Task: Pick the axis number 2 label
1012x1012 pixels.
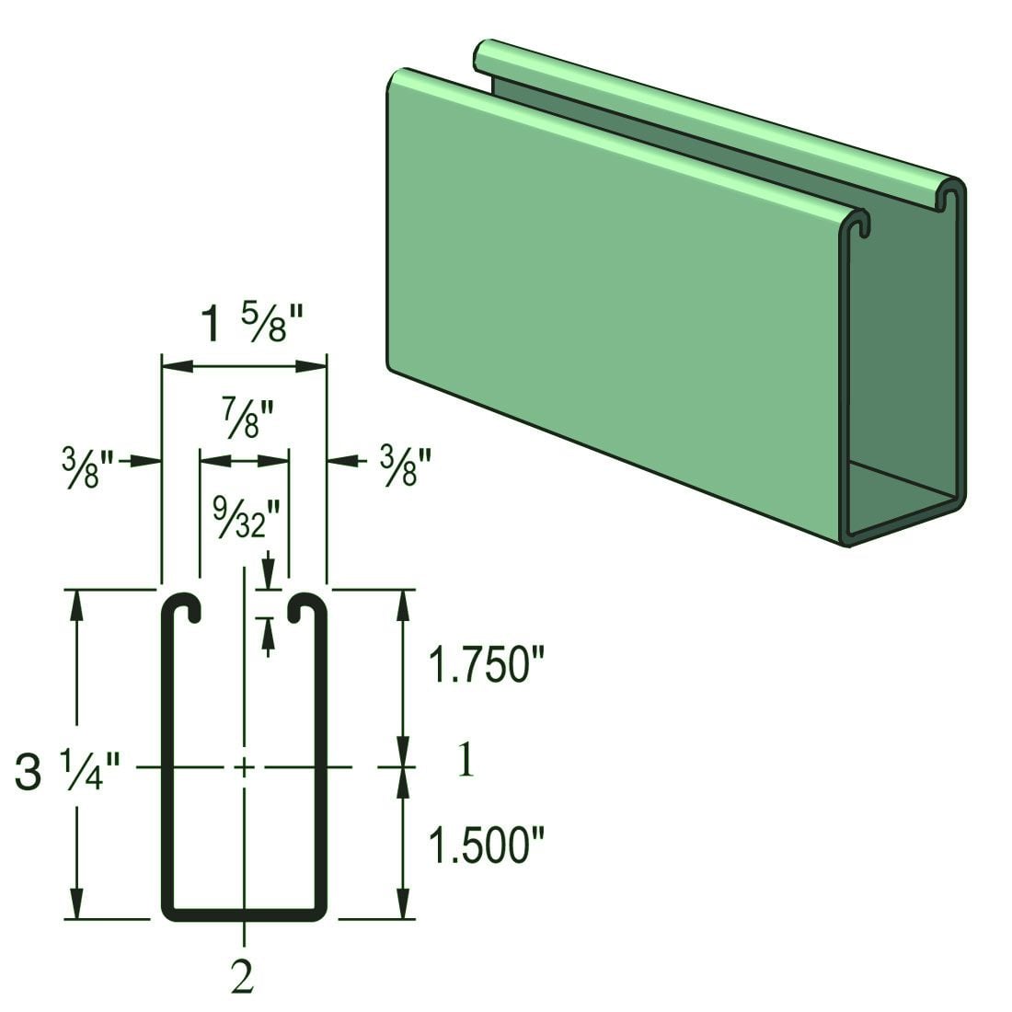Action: (x=243, y=977)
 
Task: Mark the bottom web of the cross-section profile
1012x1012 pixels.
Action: (x=245, y=914)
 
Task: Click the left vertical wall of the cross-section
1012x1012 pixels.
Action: (x=167, y=764)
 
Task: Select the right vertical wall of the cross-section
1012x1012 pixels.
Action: (x=322, y=764)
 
